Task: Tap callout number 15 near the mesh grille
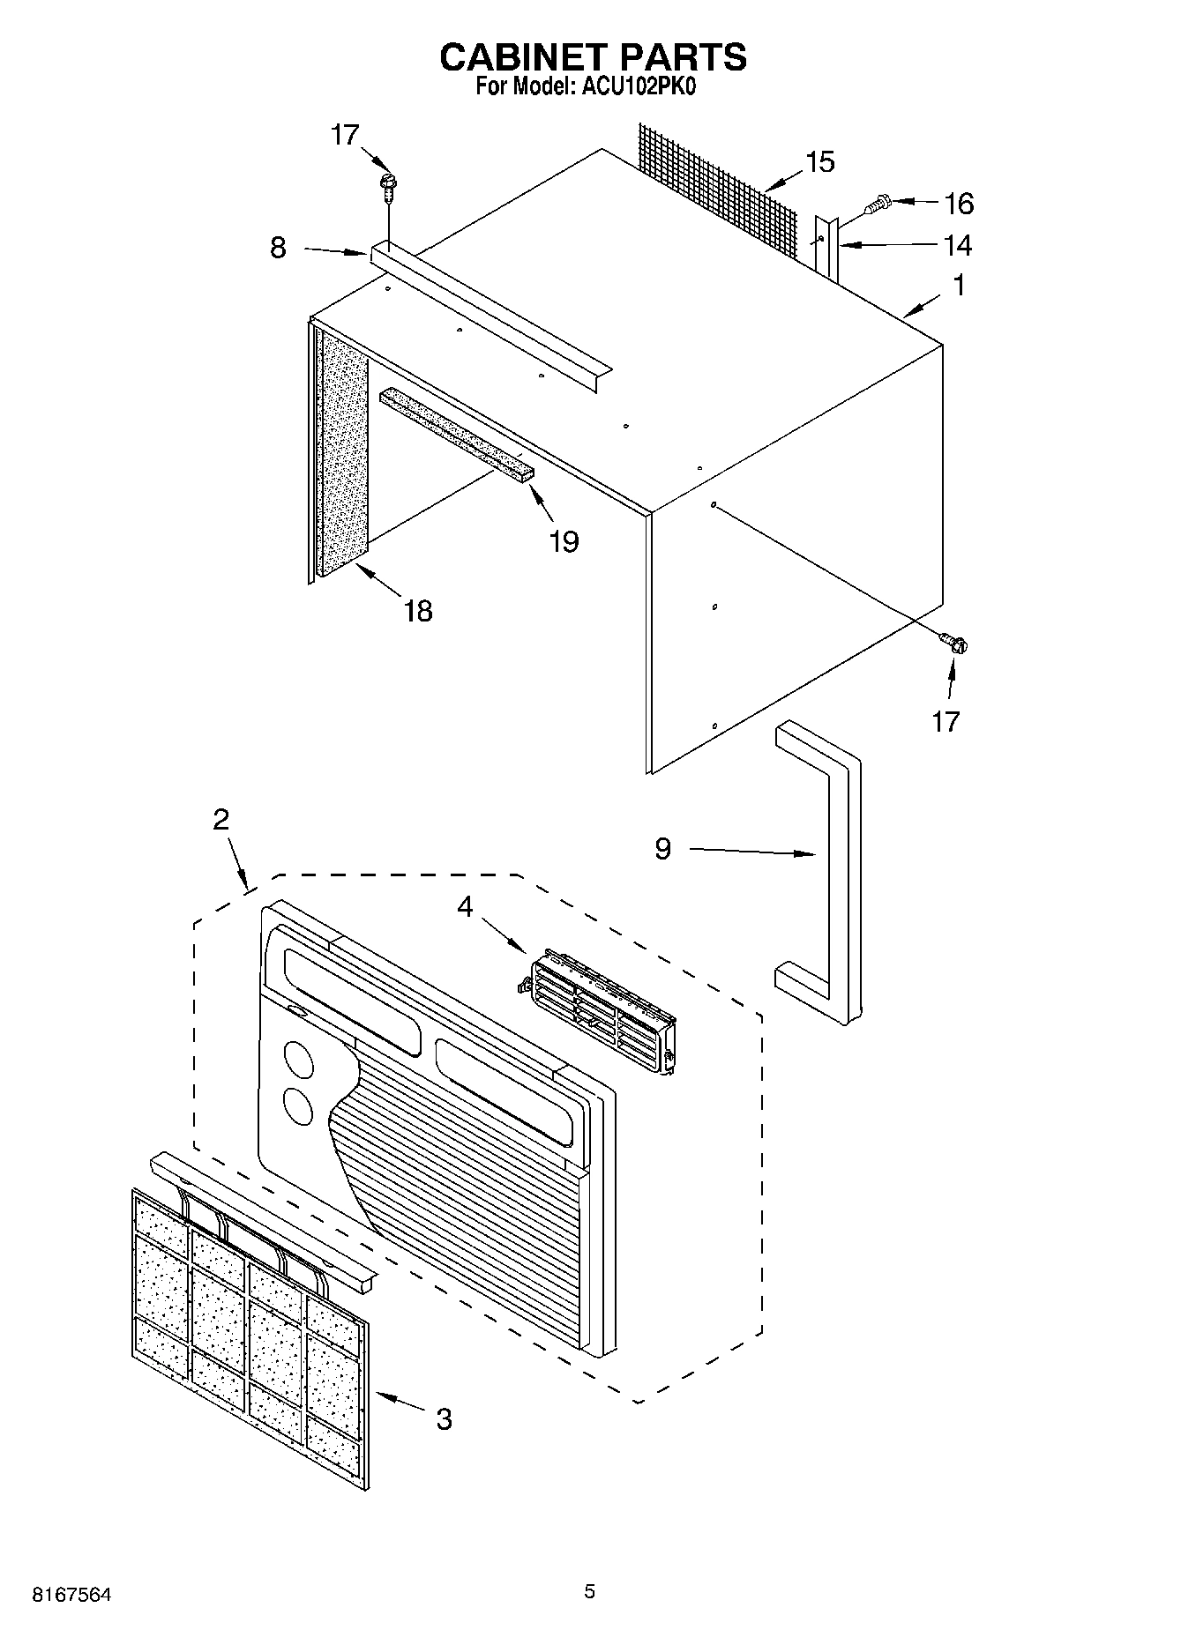819,162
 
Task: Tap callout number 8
278,248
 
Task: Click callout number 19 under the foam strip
564,540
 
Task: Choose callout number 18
418,610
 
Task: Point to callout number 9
662,848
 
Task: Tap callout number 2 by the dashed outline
221,819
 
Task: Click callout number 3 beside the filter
444,1418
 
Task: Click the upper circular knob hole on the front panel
299,1061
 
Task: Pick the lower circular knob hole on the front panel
298,1106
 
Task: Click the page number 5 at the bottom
589,1591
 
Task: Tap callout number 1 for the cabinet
959,286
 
